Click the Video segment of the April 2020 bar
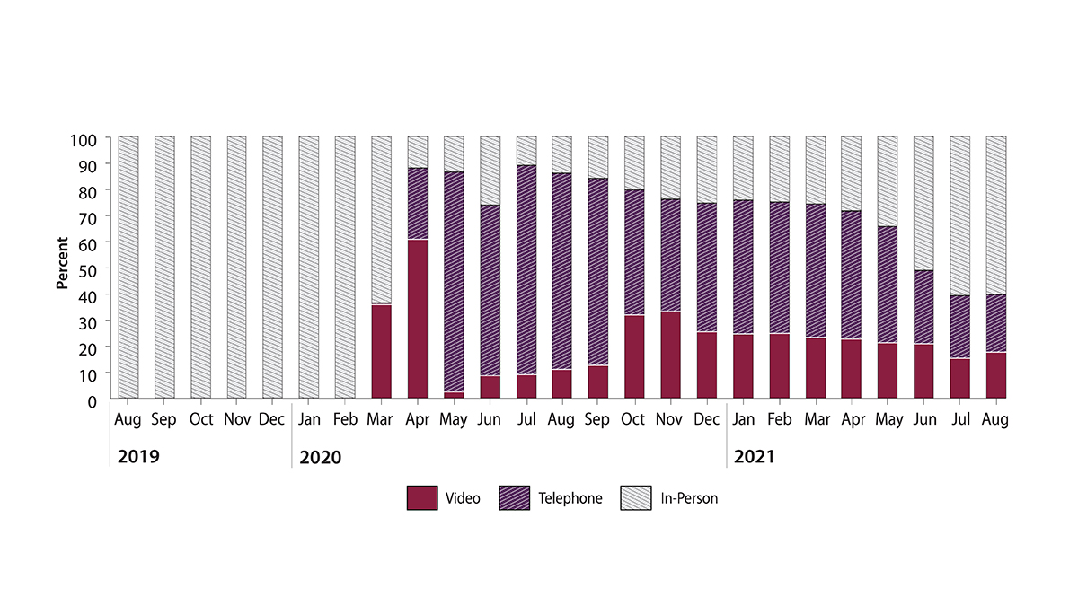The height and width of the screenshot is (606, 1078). click(x=417, y=319)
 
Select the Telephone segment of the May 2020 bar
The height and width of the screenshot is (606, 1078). click(x=454, y=282)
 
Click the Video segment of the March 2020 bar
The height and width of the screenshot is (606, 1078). click(x=381, y=351)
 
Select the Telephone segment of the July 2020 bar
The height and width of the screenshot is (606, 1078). click(x=526, y=270)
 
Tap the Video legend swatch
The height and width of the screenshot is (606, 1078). click(x=421, y=498)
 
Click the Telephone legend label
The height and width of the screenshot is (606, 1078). click(x=570, y=498)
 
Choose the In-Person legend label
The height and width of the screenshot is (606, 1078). click(x=688, y=498)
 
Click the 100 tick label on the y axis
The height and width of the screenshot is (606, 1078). click(x=87, y=138)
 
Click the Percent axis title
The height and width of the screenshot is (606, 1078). click(x=62, y=263)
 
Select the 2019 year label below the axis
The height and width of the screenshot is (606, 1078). click(x=138, y=457)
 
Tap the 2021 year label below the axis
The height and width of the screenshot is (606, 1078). click(x=754, y=457)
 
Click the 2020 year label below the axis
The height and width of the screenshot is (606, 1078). click(x=321, y=457)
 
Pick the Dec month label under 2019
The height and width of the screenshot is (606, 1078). click(x=272, y=420)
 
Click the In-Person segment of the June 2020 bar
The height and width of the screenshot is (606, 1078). click(x=490, y=171)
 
